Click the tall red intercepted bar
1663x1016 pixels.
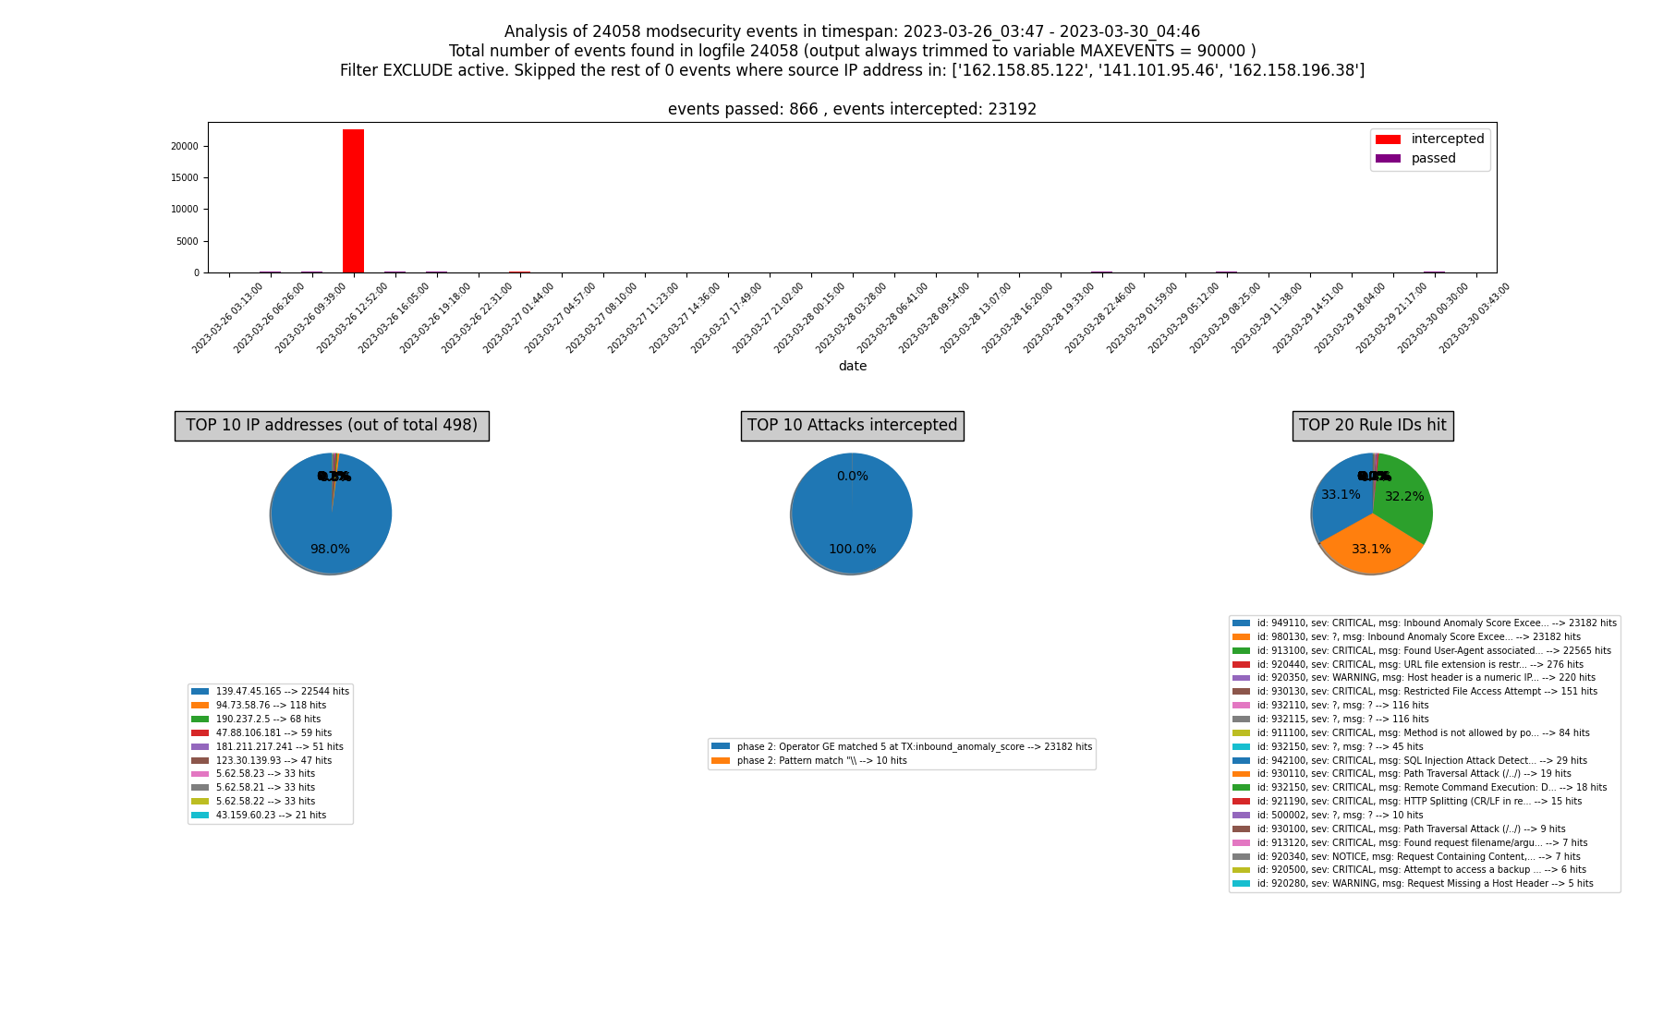coord(353,201)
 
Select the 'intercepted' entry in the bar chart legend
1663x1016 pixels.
coord(1447,139)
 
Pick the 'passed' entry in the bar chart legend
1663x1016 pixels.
coord(1433,159)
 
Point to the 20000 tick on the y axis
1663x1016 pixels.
coord(185,146)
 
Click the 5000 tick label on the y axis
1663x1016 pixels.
coord(188,241)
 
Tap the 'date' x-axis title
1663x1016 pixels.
coord(852,366)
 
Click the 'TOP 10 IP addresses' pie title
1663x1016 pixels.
coord(332,426)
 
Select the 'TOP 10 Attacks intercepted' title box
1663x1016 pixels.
coord(852,426)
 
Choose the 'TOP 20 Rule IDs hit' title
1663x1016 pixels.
coord(1372,426)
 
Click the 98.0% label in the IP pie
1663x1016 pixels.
coord(330,550)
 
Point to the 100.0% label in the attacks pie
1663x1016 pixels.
coord(852,550)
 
